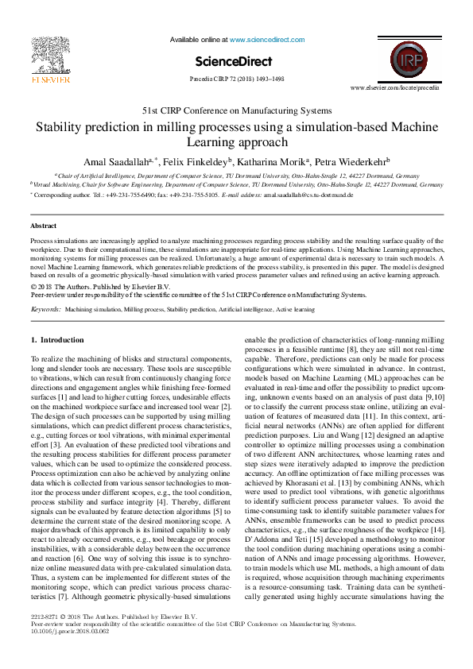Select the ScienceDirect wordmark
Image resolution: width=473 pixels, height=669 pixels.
[233, 61]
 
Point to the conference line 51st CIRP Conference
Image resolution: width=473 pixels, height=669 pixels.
[236, 110]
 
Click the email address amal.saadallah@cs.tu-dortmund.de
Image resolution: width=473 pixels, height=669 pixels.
[308, 194]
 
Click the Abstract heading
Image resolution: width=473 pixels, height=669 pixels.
[43, 226]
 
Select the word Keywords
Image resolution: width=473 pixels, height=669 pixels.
[45, 307]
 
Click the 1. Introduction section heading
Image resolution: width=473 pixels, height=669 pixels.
[56, 340]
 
